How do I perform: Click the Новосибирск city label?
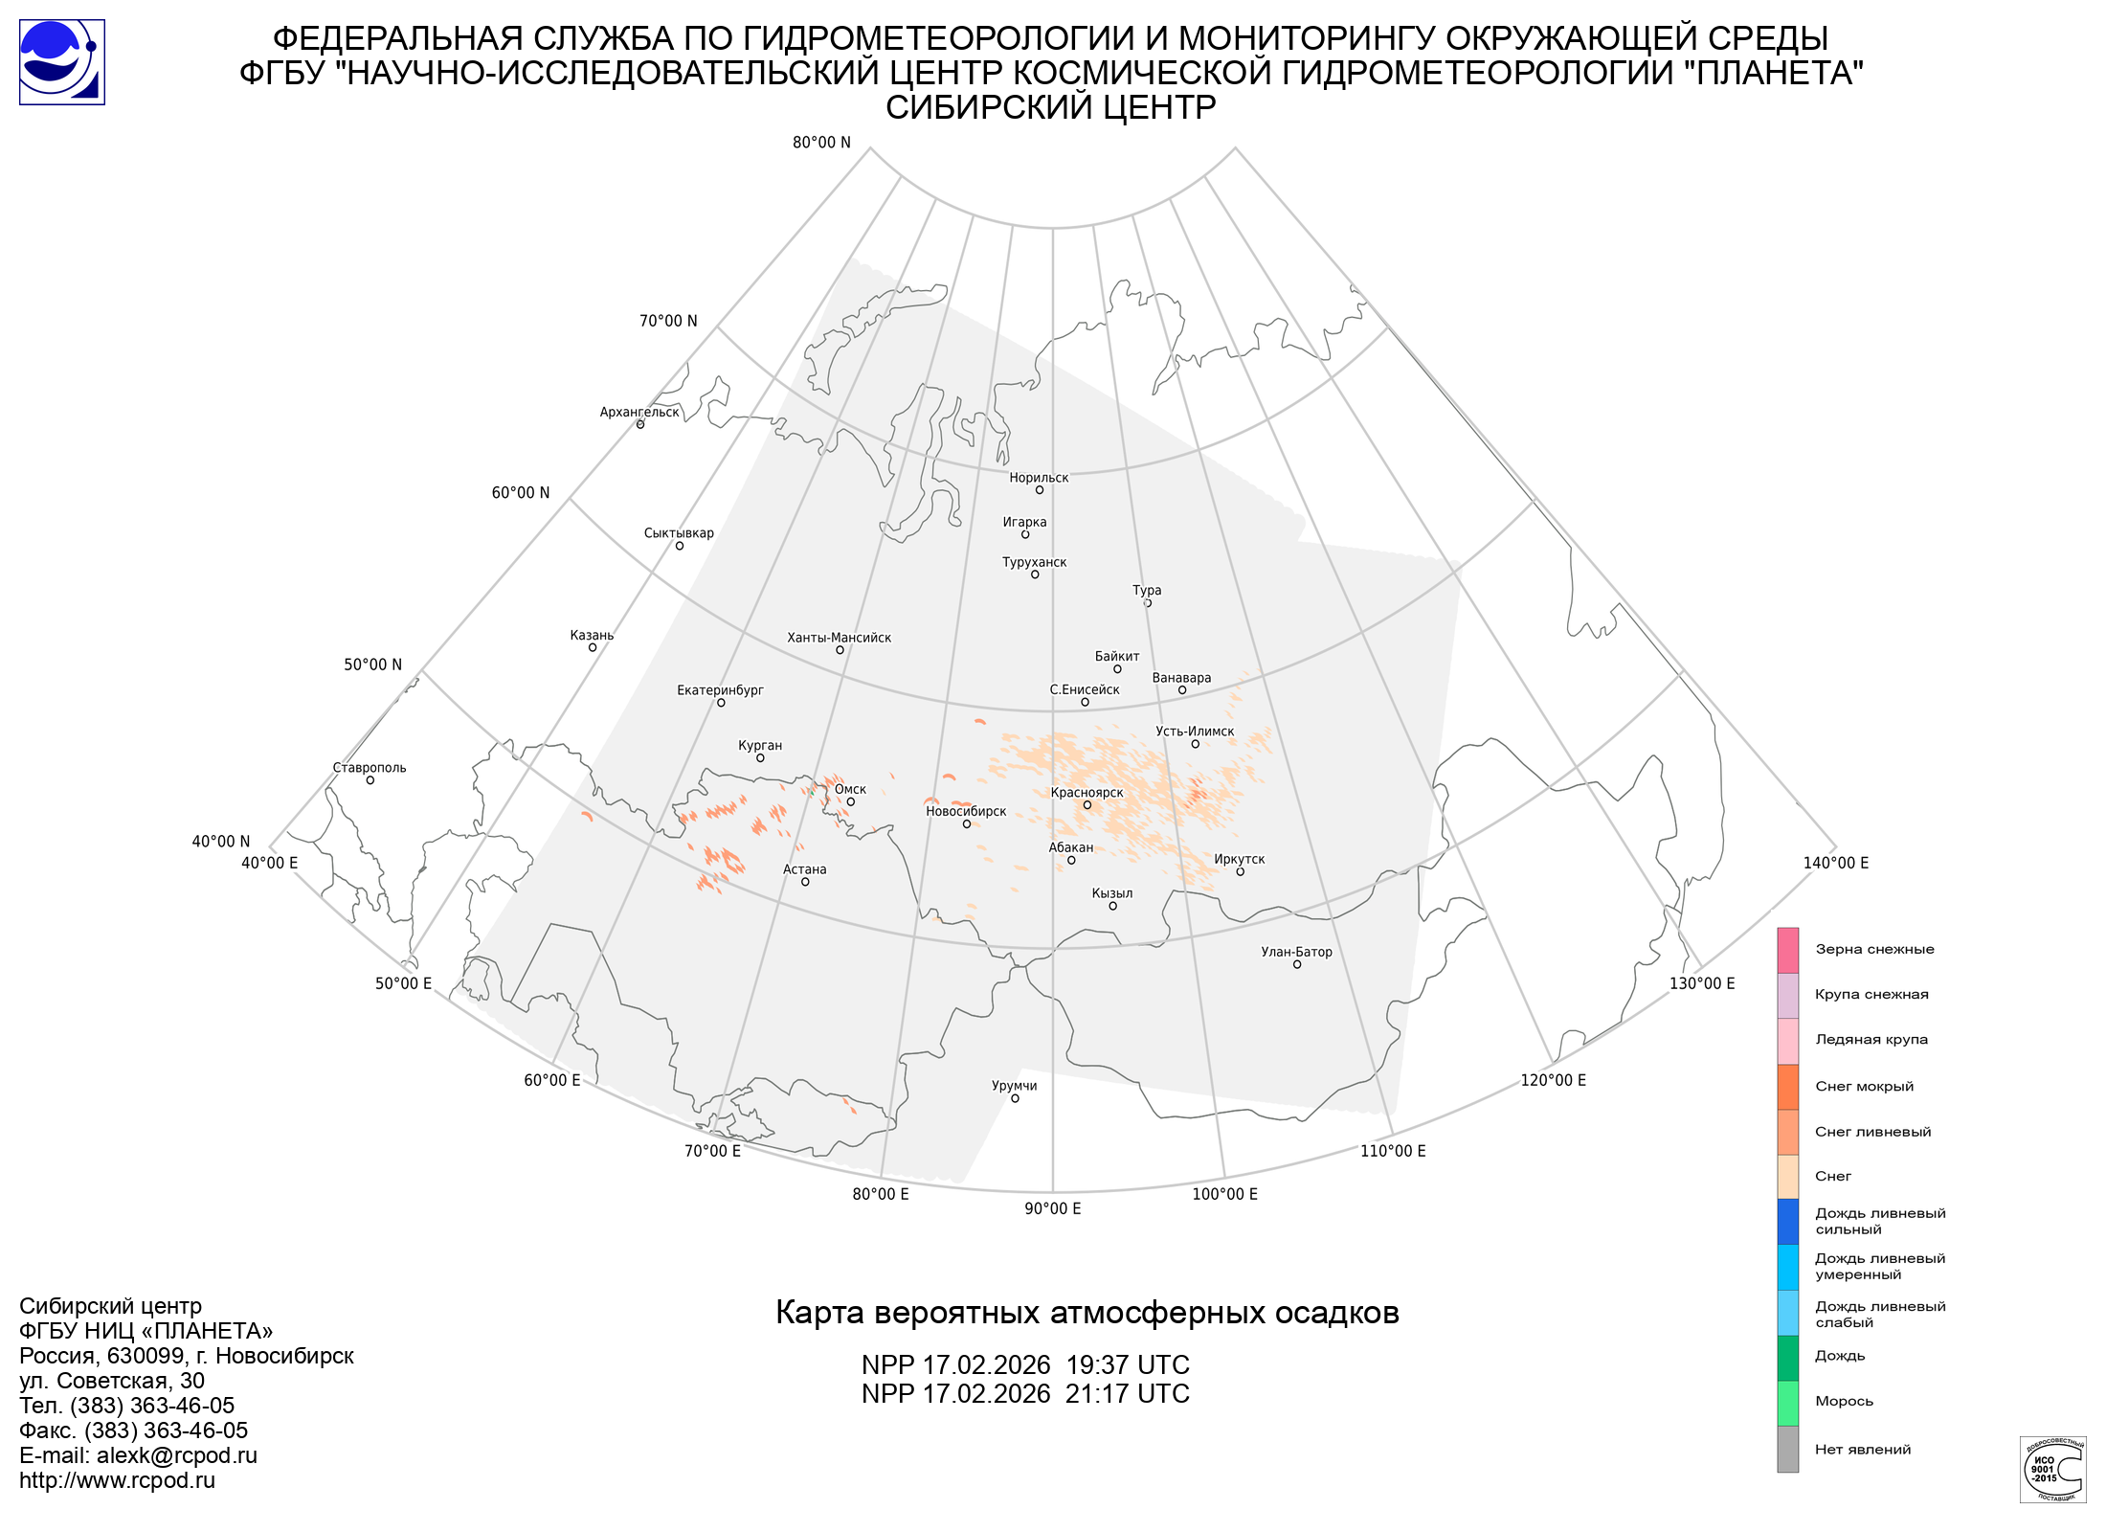tap(966, 812)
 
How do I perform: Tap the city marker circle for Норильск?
tap(1040, 490)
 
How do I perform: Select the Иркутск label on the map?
tap(1239, 860)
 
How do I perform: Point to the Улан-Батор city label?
tap(1296, 952)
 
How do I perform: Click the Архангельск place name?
tap(639, 413)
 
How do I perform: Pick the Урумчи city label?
tap(1014, 1086)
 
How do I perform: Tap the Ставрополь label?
tap(370, 768)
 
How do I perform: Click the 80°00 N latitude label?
tap(821, 143)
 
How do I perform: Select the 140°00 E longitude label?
tap(1835, 863)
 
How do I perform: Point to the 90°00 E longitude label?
tap(1052, 1208)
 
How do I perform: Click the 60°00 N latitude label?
tap(521, 493)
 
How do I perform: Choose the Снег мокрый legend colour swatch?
tap(1787, 1087)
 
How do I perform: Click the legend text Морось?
tap(1844, 1401)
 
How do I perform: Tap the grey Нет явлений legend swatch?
tap(1787, 1449)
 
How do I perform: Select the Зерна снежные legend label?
tap(1874, 949)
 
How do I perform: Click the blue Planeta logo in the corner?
tap(62, 62)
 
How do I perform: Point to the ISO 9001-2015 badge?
tap(2052, 1469)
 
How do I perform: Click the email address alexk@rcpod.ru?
tap(177, 1455)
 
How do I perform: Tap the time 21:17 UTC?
tap(1127, 1394)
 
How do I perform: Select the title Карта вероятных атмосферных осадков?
tap(1087, 1313)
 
